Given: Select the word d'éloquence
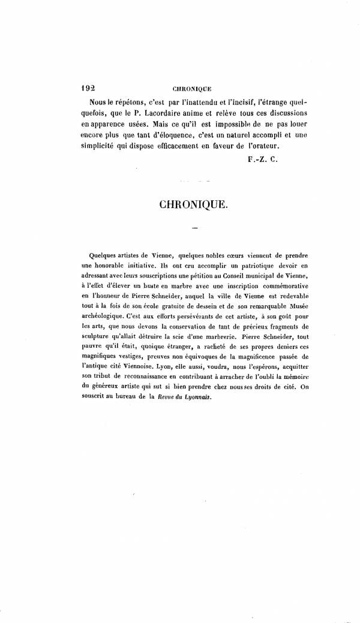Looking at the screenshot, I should [169, 135].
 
